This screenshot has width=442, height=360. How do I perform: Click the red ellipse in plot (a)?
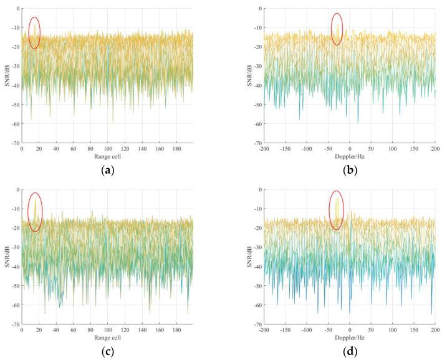(x=34, y=33)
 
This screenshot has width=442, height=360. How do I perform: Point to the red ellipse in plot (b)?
(x=337, y=29)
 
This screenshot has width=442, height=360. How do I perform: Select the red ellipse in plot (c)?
(x=36, y=212)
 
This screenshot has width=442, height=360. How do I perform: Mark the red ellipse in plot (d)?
(x=337, y=211)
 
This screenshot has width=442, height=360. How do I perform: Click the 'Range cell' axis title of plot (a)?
(x=107, y=156)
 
